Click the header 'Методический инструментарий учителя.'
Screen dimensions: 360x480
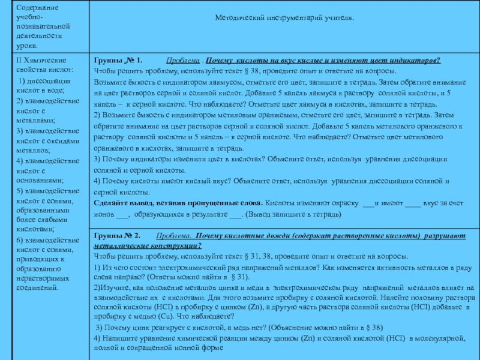[284, 17]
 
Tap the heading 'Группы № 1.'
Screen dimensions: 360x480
[116, 61]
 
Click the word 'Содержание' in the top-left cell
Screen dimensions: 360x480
[34, 8]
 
